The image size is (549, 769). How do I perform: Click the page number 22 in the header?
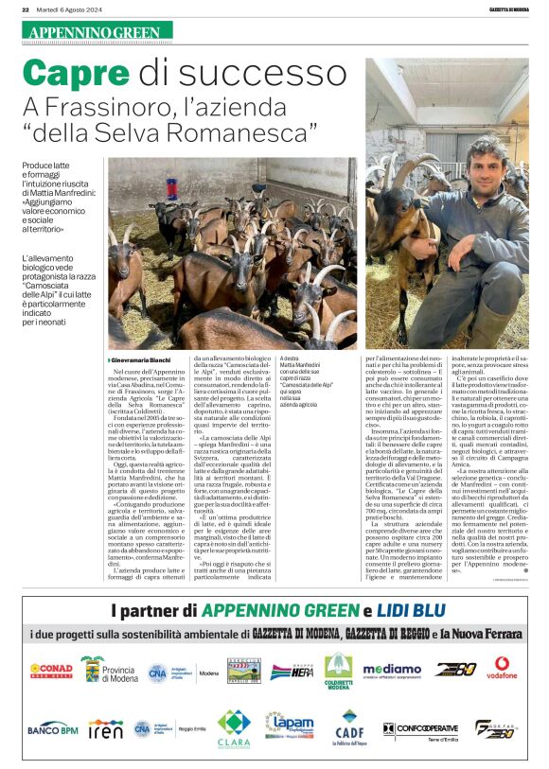click(x=26, y=9)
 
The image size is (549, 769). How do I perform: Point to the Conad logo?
click(x=51, y=670)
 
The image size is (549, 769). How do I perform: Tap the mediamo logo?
click(x=392, y=671)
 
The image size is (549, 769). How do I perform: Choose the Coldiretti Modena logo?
click(x=338, y=670)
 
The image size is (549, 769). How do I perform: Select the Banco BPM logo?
click(x=52, y=728)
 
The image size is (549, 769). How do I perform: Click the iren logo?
click(x=105, y=728)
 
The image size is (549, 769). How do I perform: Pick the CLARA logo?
click(x=234, y=728)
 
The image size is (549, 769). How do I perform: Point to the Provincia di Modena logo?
click(x=110, y=670)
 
